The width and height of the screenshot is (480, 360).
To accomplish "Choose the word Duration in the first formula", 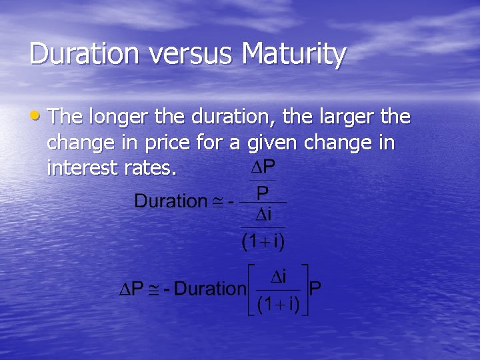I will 171,201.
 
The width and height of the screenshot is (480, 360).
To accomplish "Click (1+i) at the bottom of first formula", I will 263,241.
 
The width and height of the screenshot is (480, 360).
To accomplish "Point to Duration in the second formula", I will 210,289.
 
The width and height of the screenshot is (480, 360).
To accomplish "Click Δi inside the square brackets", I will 279,275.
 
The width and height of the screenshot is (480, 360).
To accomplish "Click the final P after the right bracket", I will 316,289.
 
